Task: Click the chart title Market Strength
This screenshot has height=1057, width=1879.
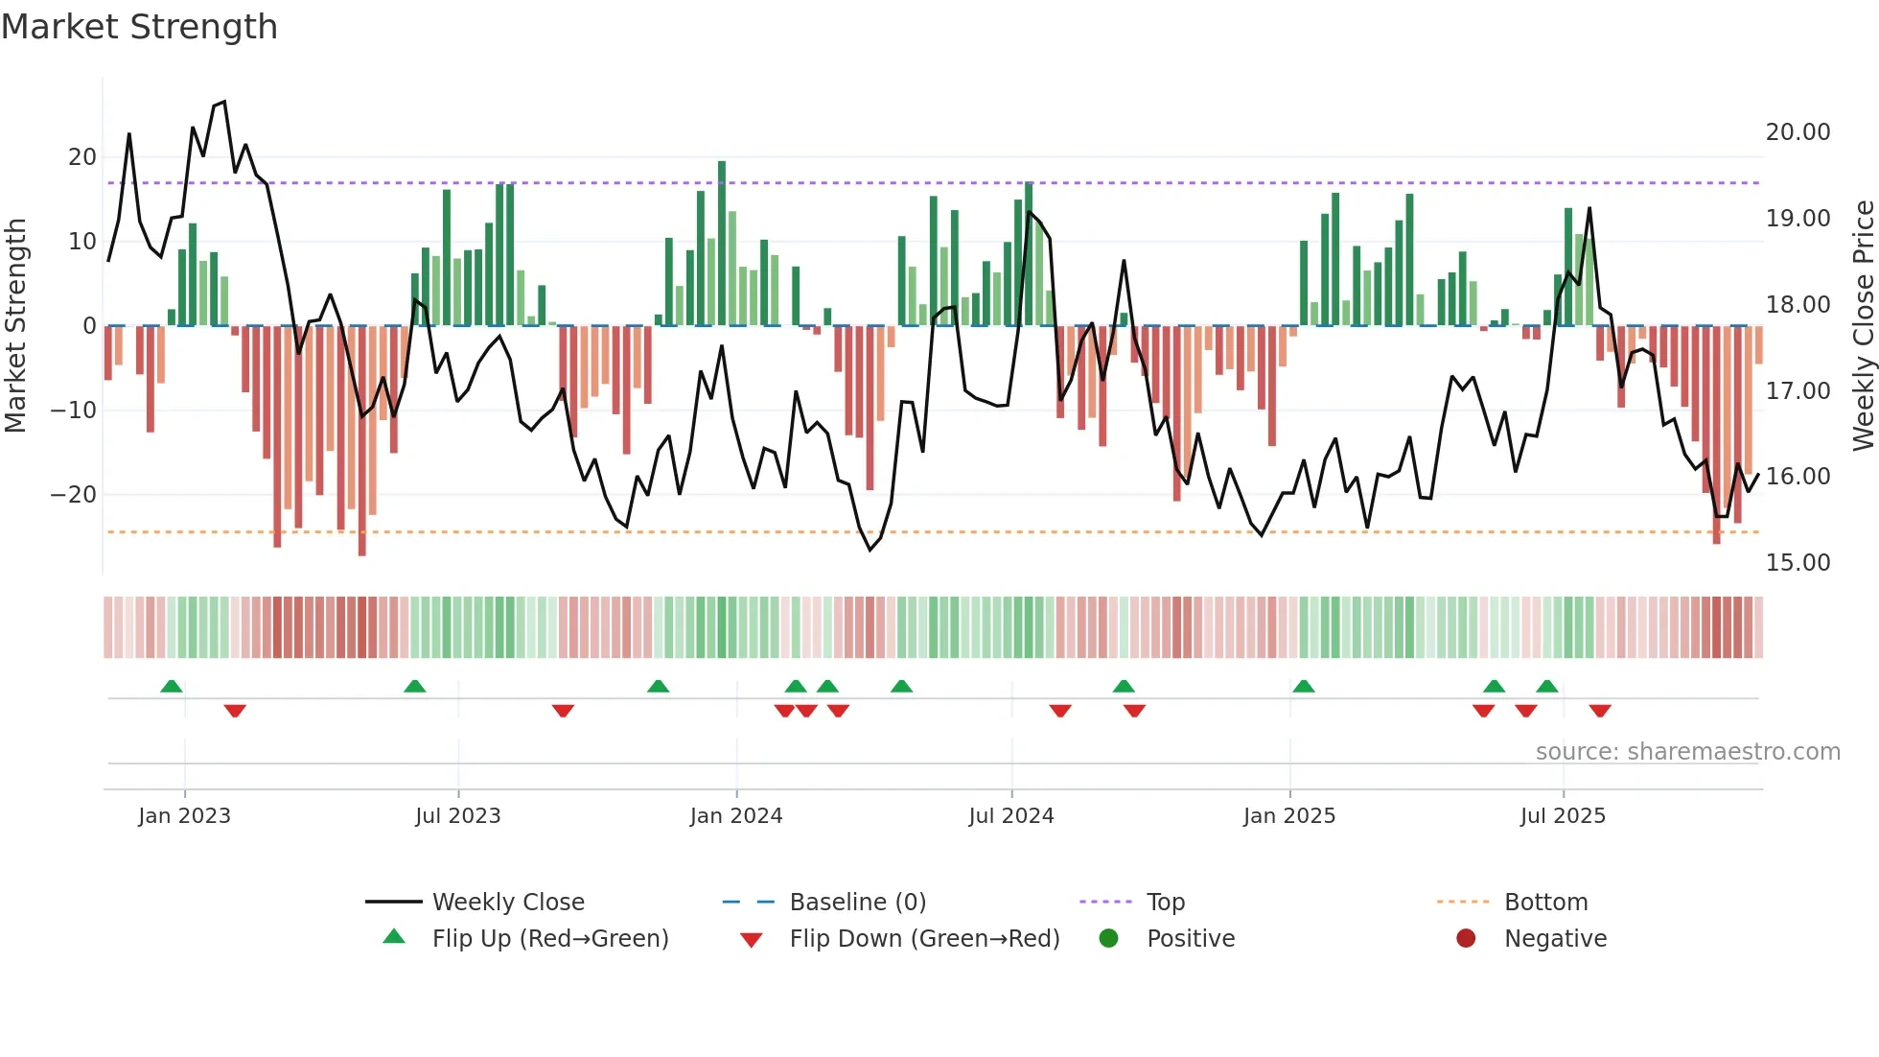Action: (x=139, y=27)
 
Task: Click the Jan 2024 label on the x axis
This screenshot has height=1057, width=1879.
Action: (x=735, y=816)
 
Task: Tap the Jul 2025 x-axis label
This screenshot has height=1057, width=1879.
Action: (x=1562, y=816)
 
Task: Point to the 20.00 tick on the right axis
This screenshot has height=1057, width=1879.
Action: (x=1798, y=132)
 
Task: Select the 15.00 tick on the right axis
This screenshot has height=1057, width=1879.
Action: (x=1798, y=563)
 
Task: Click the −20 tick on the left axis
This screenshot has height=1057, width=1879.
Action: (x=74, y=495)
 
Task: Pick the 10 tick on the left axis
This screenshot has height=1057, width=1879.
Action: (x=82, y=242)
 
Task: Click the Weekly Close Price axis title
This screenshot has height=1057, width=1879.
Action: (x=1863, y=326)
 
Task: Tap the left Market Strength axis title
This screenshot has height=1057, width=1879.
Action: (x=16, y=326)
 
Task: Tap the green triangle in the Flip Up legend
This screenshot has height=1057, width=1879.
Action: (x=394, y=937)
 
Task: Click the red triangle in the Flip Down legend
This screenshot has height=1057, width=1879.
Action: (x=752, y=940)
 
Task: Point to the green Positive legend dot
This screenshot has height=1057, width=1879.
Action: (x=1108, y=938)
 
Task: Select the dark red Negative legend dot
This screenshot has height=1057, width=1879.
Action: (x=1466, y=938)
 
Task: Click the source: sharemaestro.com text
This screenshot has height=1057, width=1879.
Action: (x=1687, y=752)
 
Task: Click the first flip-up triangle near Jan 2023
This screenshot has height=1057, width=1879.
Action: (x=172, y=687)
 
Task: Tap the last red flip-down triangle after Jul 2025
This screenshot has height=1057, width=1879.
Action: (x=1599, y=711)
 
